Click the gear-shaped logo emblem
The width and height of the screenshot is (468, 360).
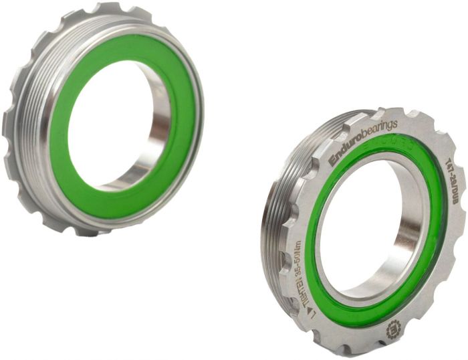click(393, 329)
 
